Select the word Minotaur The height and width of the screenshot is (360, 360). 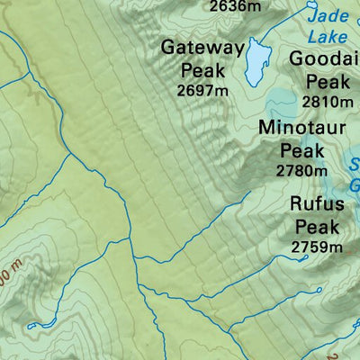coord(301,128)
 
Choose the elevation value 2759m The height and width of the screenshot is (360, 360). coord(318,246)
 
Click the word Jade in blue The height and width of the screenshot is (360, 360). coord(326,15)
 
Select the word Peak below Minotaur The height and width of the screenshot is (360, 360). coord(301,149)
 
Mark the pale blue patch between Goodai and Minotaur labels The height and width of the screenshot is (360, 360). coord(279,101)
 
